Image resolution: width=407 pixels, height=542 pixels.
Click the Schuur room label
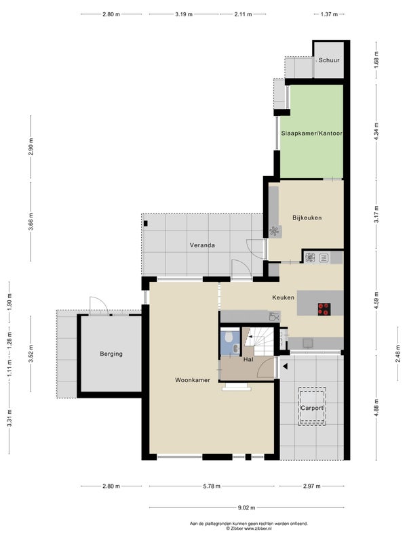point(329,60)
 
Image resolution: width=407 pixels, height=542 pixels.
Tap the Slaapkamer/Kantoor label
point(311,133)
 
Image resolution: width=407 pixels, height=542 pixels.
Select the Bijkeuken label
point(307,217)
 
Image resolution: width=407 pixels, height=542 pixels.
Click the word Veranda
point(202,245)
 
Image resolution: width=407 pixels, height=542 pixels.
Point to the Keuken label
point(283,297)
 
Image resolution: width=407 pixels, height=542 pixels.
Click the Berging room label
point(111,354)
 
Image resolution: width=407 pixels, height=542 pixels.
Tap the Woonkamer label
point(193,380)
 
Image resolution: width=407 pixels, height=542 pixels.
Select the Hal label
point(248,360)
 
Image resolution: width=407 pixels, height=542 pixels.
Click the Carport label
point(312,408)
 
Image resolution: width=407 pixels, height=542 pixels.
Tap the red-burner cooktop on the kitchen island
point(324,309)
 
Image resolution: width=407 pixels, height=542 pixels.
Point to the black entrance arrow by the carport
point(284,367)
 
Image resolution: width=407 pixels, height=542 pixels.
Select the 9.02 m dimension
point(246,507)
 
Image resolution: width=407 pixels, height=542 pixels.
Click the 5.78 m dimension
point(212,486)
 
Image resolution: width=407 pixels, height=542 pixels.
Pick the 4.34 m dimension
point(376,131)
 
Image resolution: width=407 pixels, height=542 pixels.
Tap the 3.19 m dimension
point(184,14)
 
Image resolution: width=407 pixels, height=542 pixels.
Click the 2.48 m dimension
point(398,354)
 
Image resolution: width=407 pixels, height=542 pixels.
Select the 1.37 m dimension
point(329,14)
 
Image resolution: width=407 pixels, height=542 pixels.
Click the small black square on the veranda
point(146,224)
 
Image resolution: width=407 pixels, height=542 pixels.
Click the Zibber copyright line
point(249,528)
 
